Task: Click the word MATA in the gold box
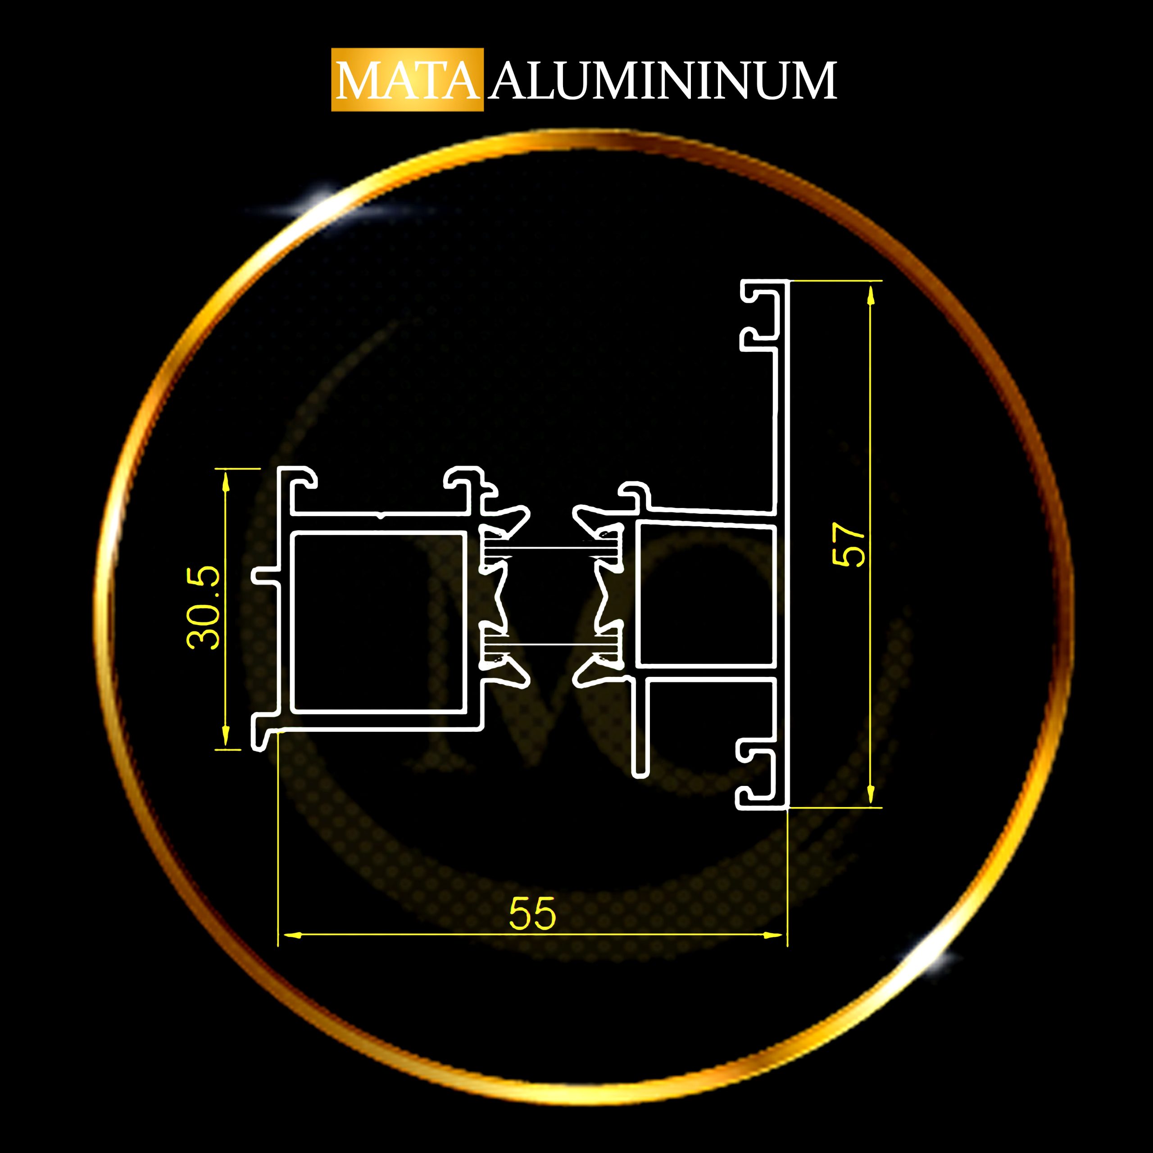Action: tap(408, 81)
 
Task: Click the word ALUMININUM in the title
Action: tap(663, 81)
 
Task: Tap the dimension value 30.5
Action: tap(204, 607)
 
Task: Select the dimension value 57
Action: tap(848, 544)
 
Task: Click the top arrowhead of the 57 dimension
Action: tap(871, 296)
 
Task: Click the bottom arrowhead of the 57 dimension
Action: tap(871, 793)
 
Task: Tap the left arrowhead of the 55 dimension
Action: tap(291, 935)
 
